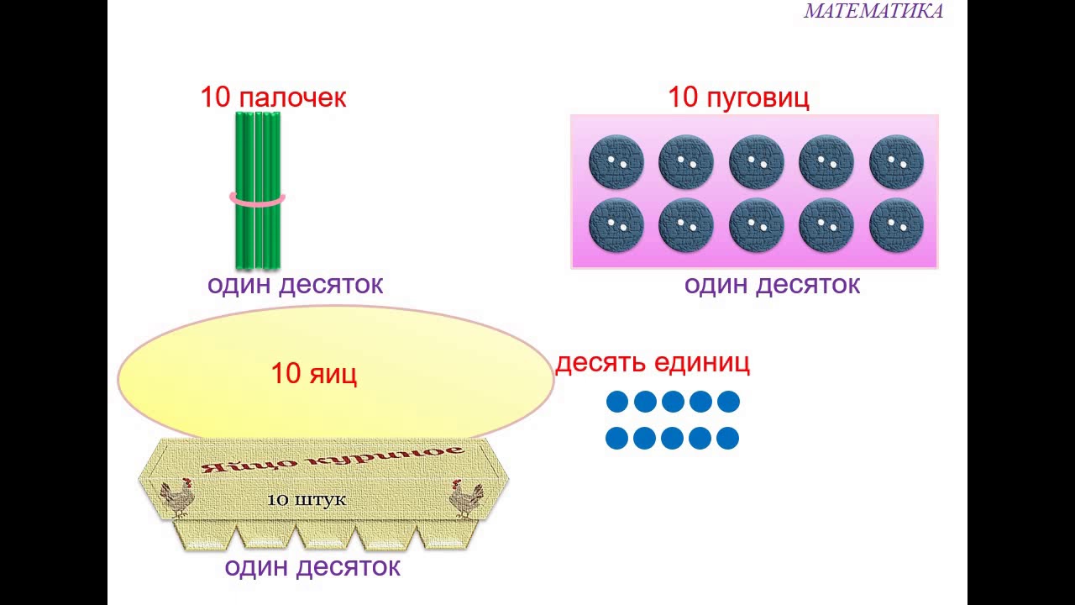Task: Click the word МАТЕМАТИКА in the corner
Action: point(873,11)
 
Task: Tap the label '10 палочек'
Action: point(273,97)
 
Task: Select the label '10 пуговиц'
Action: point(738,97)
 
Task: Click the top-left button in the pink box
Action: point(616,161)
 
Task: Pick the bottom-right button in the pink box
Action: point(896,225)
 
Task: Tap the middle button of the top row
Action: point(756,161)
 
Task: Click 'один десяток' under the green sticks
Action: point(295,284)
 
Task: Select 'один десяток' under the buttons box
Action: point(772,284)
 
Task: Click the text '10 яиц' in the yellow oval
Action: point(313,373)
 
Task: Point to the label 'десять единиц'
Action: point(653,363)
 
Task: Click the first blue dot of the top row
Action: point(617,402)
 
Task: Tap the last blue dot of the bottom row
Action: point(727,438)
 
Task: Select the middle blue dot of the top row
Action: point(673,402)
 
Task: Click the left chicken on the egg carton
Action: point(177,497)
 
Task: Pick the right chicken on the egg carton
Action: point(466,497)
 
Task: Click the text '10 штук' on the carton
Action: point(307,500)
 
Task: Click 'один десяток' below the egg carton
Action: point(312,566)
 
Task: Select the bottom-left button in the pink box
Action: point(616,225)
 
